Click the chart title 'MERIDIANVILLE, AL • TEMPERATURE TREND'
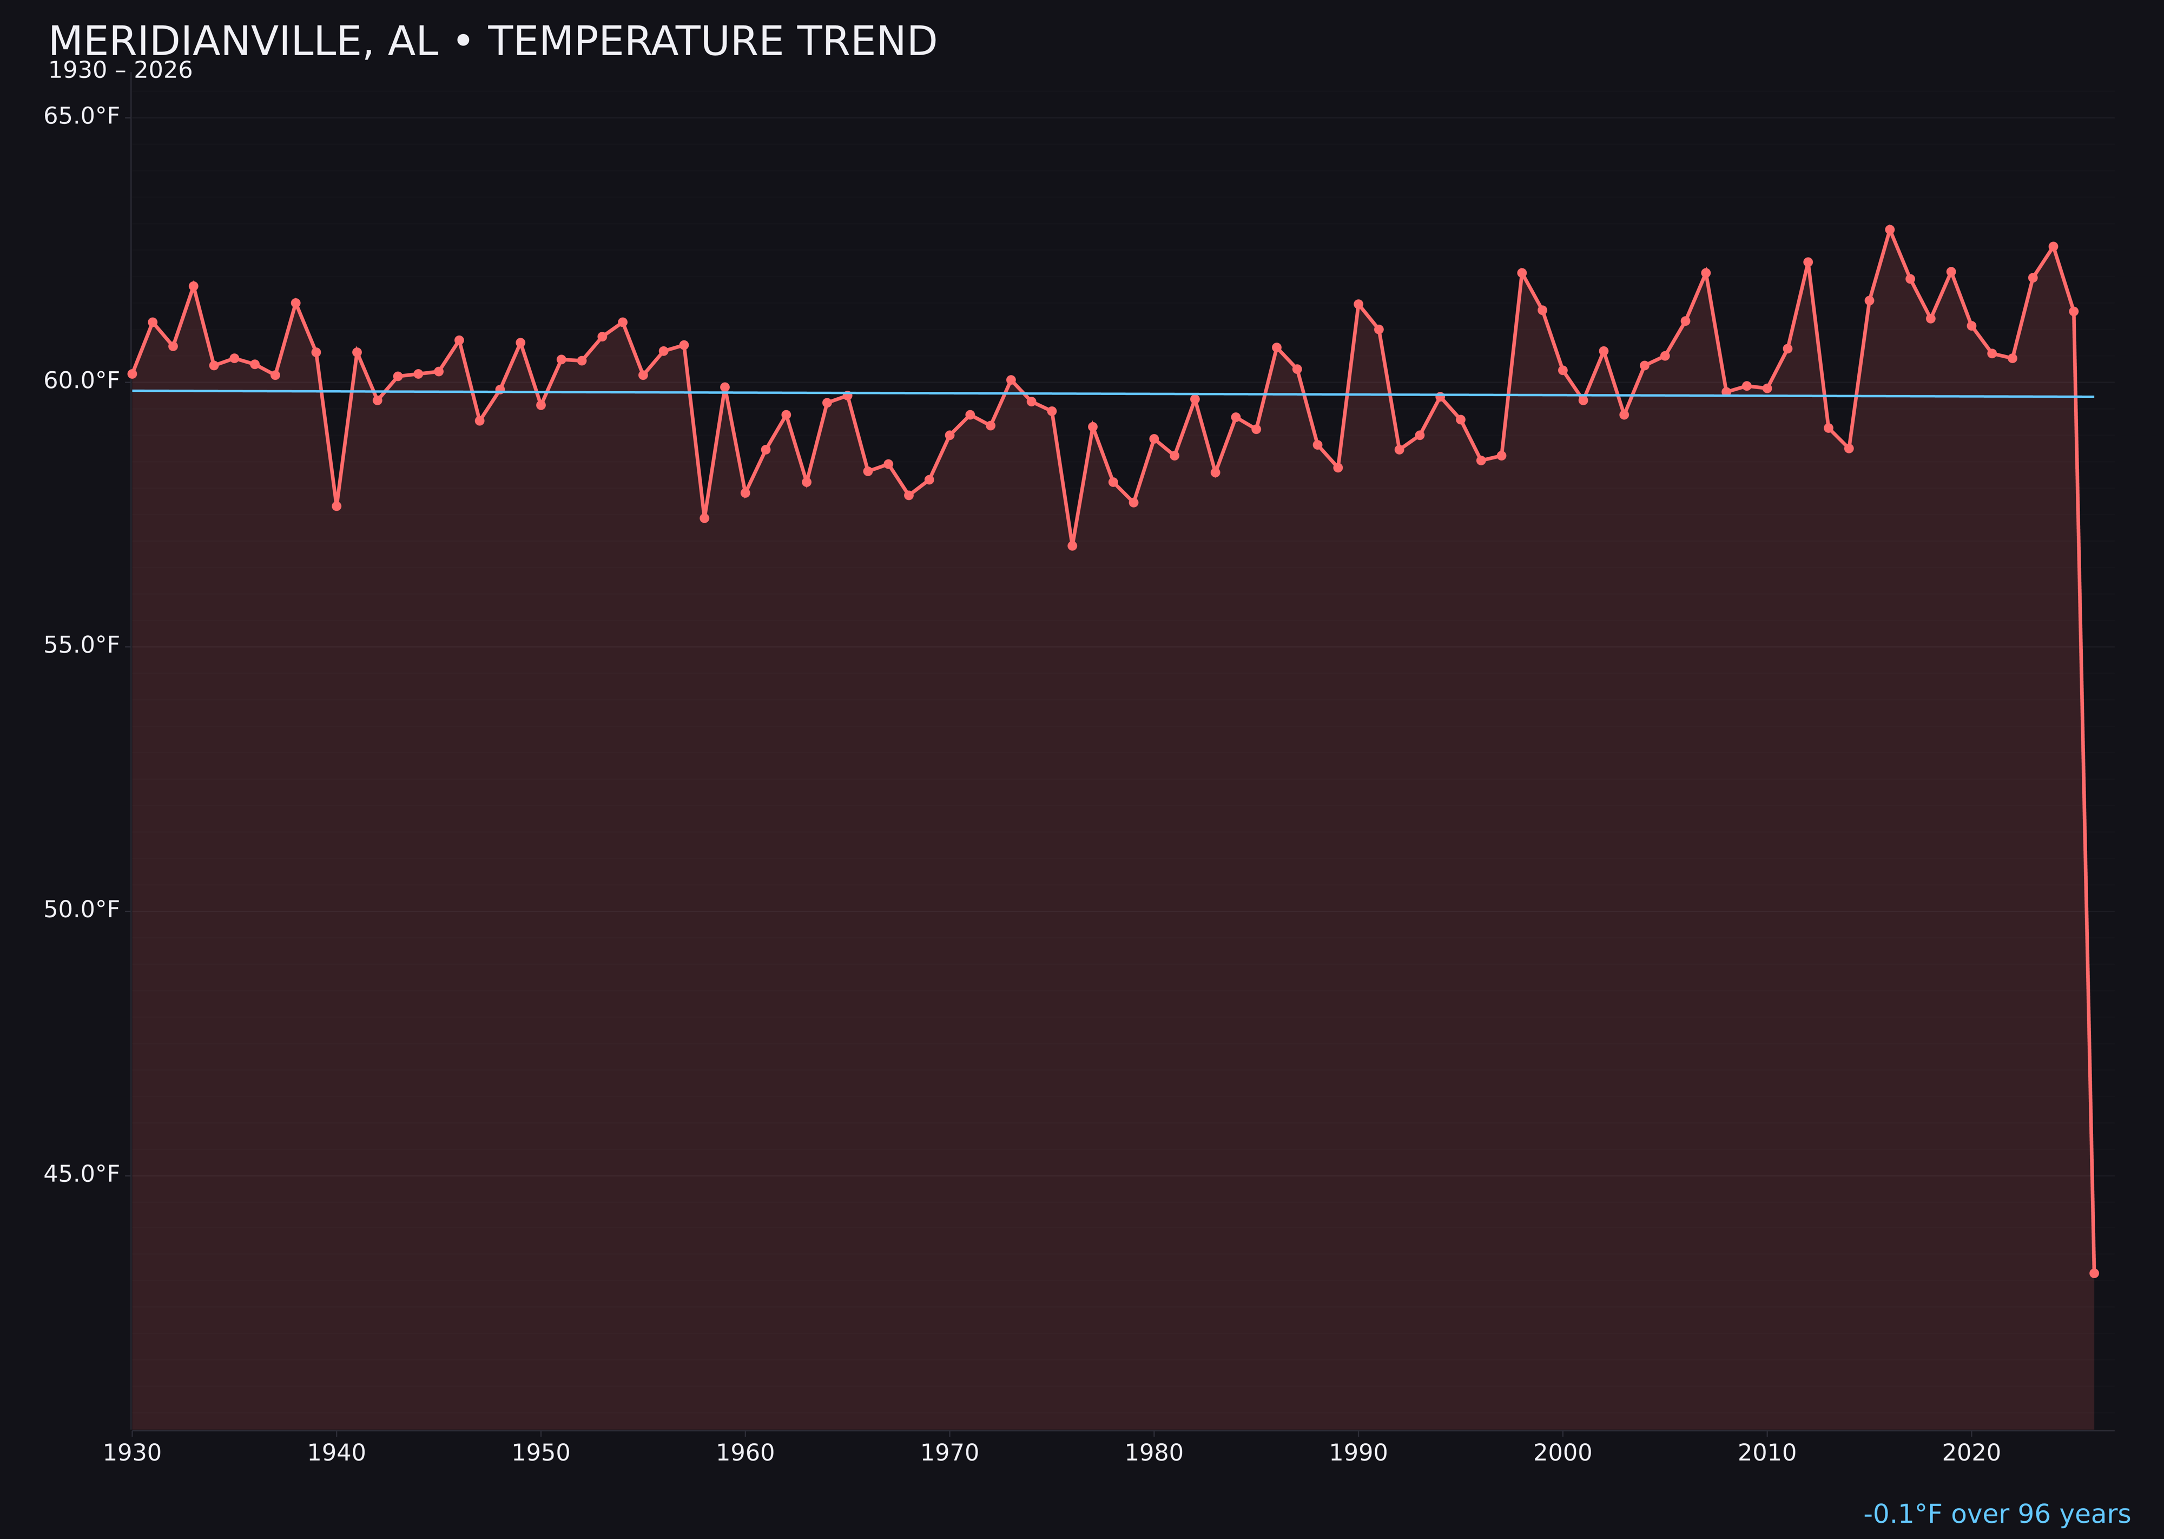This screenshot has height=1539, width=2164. coord(493,42)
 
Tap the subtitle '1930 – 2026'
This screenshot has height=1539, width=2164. coord(120,71)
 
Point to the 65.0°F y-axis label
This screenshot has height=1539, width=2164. coord(82,116)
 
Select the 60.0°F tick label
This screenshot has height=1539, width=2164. coord(82,380)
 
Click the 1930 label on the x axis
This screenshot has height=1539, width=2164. coord(131,1453)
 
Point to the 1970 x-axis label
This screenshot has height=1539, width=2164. coord(949,1453)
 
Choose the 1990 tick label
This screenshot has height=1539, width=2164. coord(1358,1453)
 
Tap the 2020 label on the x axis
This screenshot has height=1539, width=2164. coord(1971,1453)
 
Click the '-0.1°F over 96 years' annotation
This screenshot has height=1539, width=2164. coord(1996,1514)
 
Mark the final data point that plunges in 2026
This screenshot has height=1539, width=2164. coord(2094,1273)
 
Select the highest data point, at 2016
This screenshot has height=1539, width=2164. coord(1889,229)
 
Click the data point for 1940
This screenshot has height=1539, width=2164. coord(337,506)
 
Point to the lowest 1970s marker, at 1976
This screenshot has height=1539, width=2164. coord(1072,546)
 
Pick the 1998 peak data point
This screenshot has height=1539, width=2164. coord(1522,273)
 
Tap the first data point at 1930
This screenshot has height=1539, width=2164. coord(131,373)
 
